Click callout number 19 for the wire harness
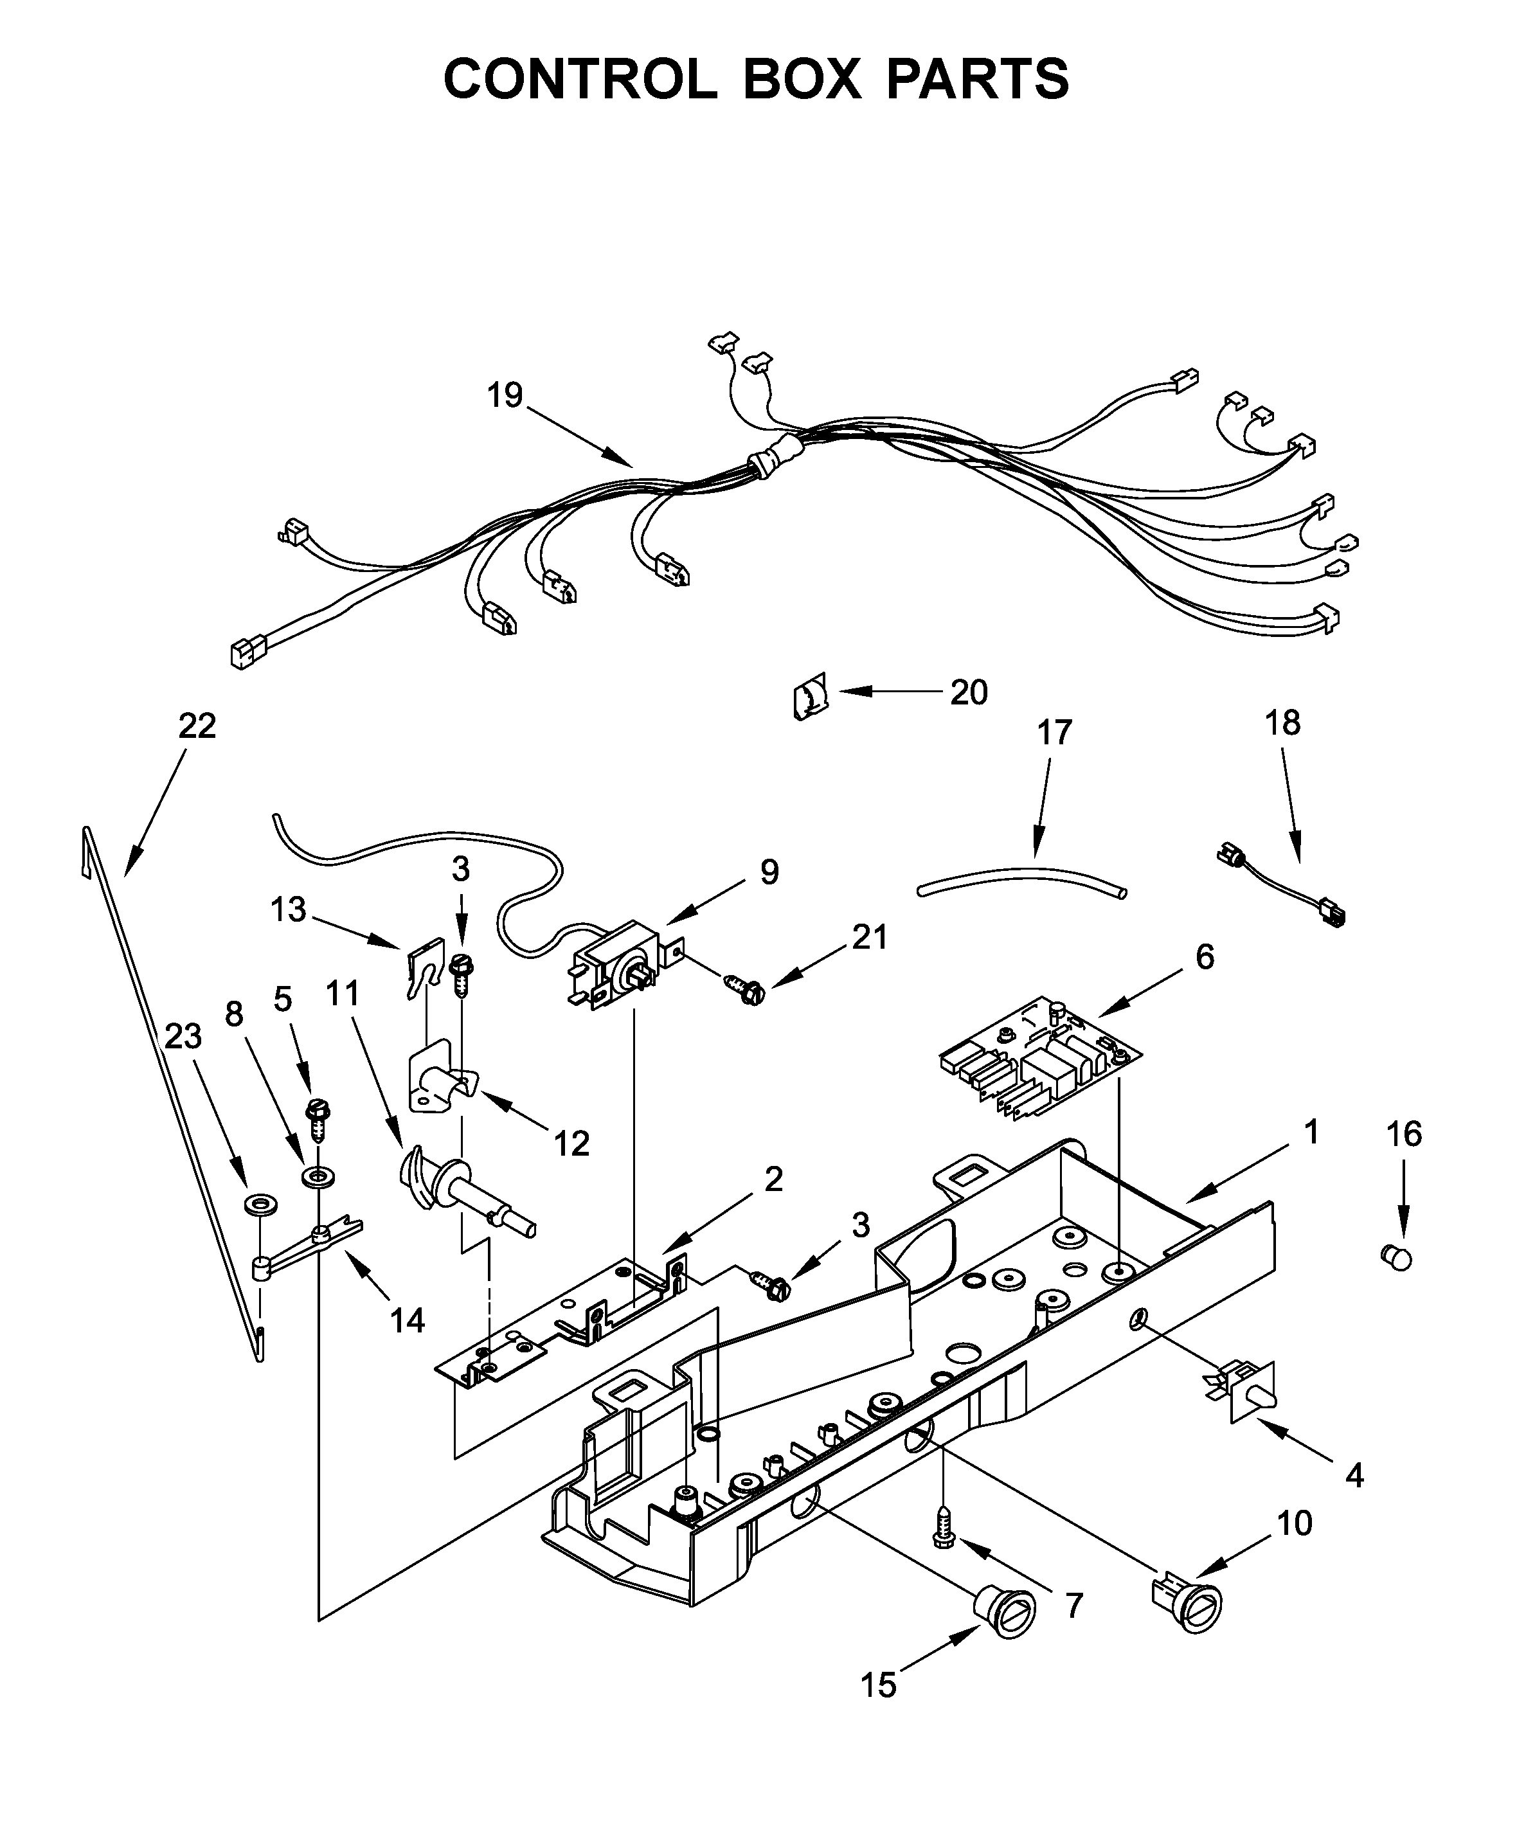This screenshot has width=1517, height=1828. point(504,395)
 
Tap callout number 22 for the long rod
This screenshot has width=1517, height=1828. point(197,725)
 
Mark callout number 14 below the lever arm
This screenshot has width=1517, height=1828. point(406,1320)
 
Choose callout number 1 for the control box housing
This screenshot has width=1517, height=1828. point(1311,1133)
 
